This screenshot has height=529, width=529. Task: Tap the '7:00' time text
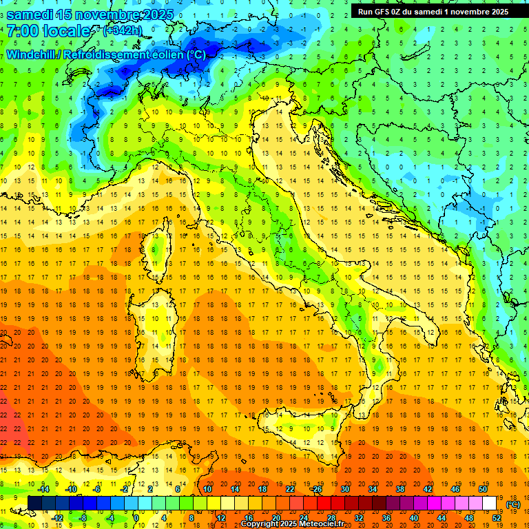click(22, 31)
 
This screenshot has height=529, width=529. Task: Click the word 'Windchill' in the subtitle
click(31, 54)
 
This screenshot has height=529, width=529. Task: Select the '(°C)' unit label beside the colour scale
click(513, 504)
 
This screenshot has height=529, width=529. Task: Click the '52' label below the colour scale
click(497, 517)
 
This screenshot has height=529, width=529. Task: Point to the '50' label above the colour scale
click(483, 488)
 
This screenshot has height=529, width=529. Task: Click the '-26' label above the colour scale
click(316, 488)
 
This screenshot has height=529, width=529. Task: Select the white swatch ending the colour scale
click(490, 503)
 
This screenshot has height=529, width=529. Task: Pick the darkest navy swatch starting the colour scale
click(34, 503)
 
